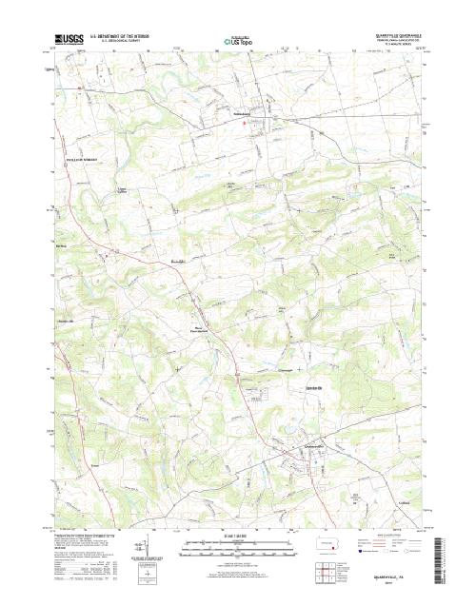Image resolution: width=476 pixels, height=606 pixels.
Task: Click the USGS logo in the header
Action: click(68, 39)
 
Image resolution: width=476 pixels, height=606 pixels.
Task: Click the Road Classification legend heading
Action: click(389, 536)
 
